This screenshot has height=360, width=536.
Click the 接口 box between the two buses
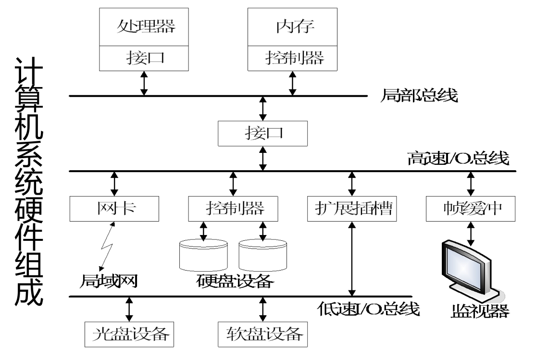262,133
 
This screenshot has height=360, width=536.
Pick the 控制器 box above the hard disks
234,208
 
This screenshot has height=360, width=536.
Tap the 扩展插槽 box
352,208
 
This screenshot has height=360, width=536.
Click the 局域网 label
110,280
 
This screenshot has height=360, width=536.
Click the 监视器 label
480,311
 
